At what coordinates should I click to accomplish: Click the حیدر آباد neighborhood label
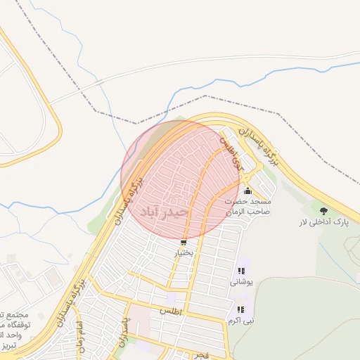point(165,211)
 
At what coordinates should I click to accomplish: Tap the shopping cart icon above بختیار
point(184,243)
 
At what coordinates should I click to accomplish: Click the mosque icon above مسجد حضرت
point(247,191)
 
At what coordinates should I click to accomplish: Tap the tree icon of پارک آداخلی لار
point(323,211)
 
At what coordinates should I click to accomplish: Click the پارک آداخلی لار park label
point(322,222)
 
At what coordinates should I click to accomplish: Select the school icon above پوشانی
point(241,271)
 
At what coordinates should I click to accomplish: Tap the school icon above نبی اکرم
point(241,309)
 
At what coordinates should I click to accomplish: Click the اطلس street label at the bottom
point(171,310)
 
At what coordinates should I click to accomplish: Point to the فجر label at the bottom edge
point(202,356)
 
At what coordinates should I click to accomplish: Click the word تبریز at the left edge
point(10,346)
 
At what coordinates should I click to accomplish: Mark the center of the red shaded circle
point(181,179)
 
